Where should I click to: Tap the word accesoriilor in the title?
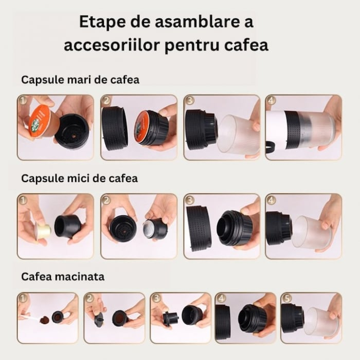point(109,45)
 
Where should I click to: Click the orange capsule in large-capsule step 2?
point(146,127)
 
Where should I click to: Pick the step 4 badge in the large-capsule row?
point(272,101)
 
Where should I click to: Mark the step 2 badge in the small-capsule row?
point(106,200)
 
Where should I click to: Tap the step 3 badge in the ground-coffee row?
point(155,298)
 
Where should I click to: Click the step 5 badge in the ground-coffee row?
point(286,298)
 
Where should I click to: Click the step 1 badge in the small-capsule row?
point(23,200)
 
